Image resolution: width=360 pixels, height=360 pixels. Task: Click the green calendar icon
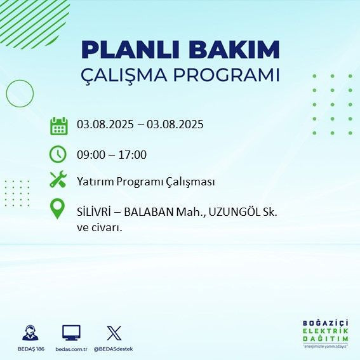coord(58,125)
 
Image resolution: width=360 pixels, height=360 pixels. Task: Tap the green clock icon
coord(58,154)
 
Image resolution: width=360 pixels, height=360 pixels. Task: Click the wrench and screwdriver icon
coord(58,180)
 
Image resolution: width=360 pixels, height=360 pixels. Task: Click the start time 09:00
coord(90,154)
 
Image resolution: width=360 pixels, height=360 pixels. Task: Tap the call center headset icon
coord(29,333)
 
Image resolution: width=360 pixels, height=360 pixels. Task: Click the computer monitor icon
coord(71,332)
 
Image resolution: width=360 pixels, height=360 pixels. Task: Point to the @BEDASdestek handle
coord(114,349)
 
